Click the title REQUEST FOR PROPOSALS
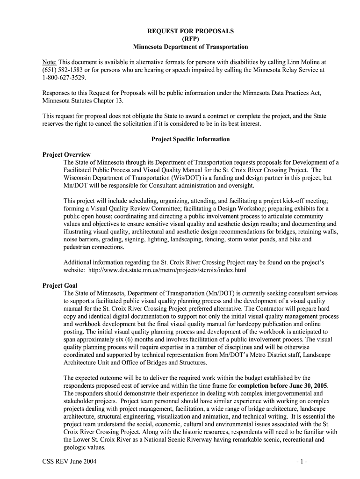(190, 31)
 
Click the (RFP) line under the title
(190, 39)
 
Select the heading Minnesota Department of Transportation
(190, 47)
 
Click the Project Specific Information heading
(190, 139)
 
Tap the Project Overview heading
(66, 155)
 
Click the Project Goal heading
(60, 285)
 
